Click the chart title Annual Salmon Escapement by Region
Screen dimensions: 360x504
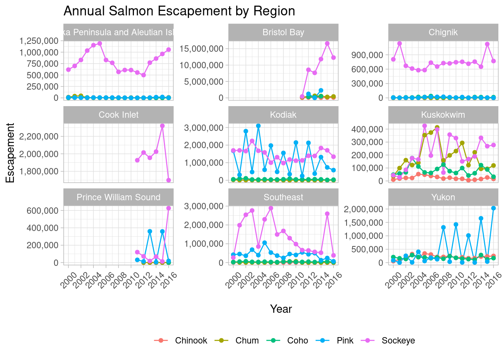pyautogui.click(x=179, y=11)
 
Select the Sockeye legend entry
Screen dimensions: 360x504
pyautogui.click(x=398, y=340)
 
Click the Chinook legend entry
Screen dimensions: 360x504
pyautogui.click(x=191, y=340)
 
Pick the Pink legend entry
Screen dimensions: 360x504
pyautogui.click(x=345, y=340)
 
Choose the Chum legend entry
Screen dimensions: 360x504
pyautogui.click(x=247, y=340)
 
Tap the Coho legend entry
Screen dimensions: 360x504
pyautogui.click(x=297, y=340)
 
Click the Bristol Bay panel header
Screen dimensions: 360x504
pyautogui.click(x=283, y=32)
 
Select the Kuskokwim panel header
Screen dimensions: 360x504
pyautogui.click(x=443, y=115)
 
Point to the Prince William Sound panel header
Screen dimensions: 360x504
pyautogui.click(x=118, y=197)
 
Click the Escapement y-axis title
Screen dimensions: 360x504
pyautogui.click(x=10, y=153)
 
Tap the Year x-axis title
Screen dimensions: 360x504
pyautogui.click(x=281, y=309)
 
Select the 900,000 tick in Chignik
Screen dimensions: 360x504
pyautogui.click(x=367, y=55)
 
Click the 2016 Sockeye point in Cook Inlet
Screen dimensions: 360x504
pyautogui.click(x=169, y=180)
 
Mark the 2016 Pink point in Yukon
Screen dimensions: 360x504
pyautogui.click(x=493, y=208)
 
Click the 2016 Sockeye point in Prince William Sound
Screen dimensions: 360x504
pyautogui.click(x=169, y=208)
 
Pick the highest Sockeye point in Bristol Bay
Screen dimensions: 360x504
pyautogui.click(x=327, y=43)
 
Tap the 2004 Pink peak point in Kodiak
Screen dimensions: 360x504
pyautogui.click(x=258, y=126)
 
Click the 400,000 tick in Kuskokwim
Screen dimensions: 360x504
pyautogui.click(x=367, y=129)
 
